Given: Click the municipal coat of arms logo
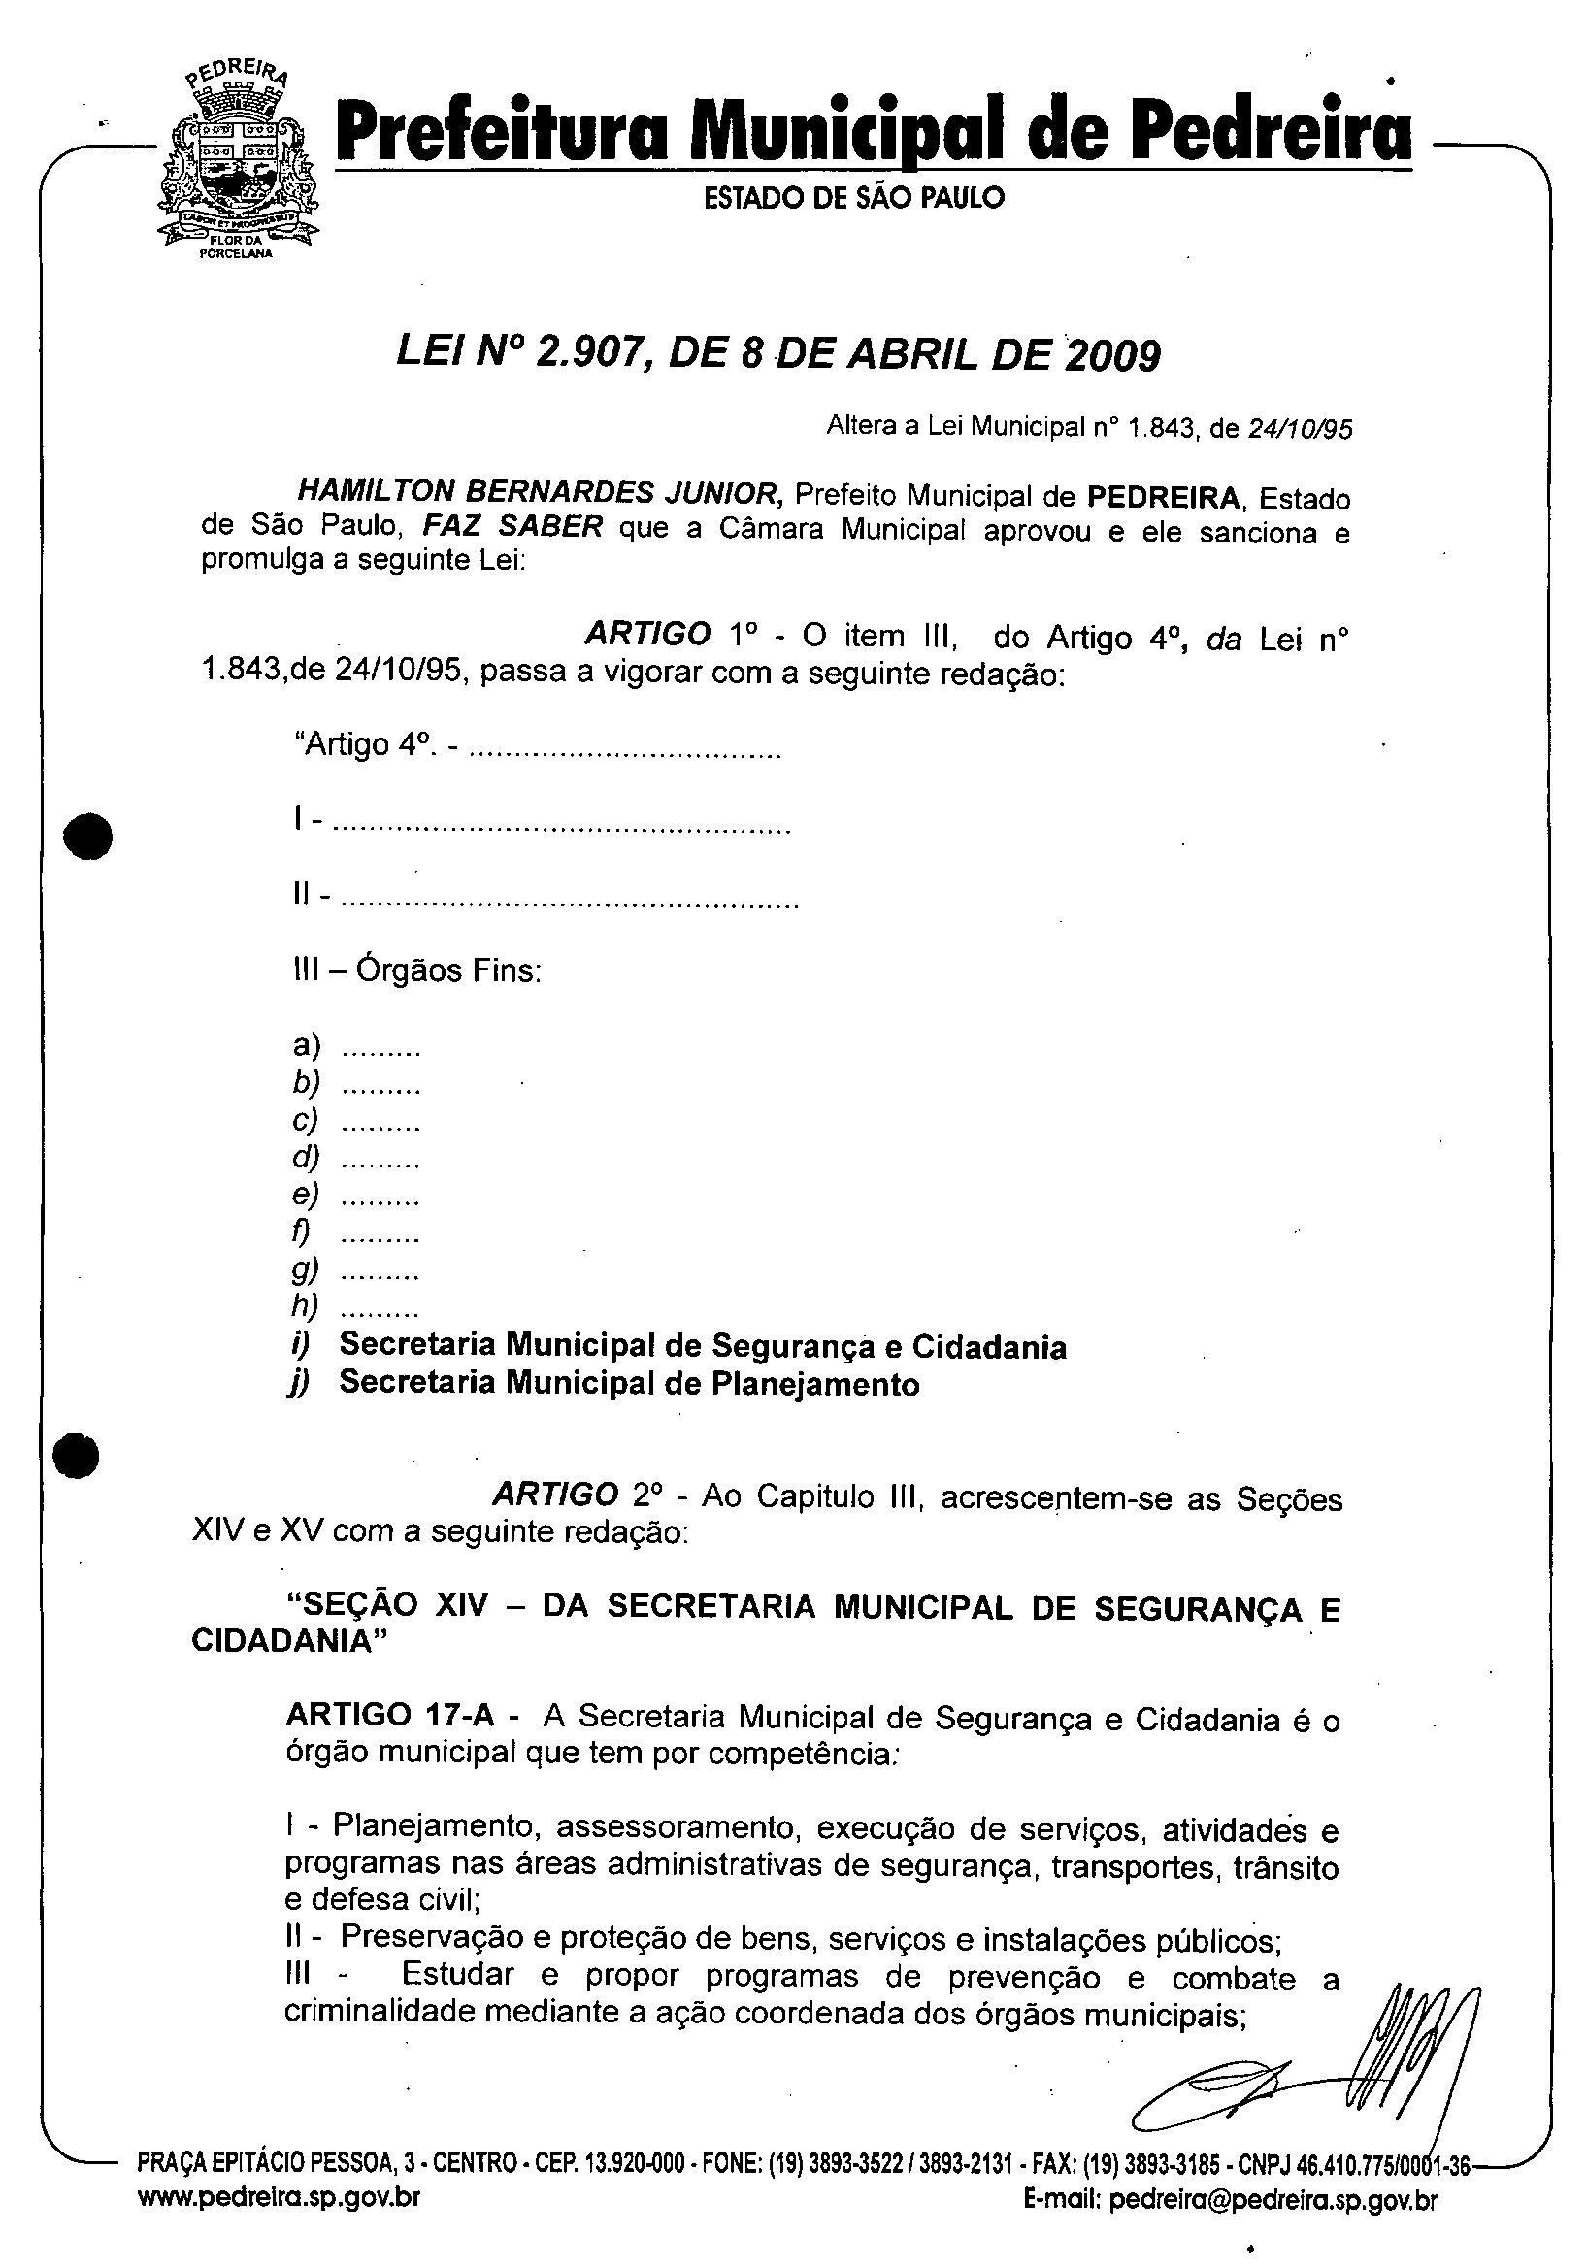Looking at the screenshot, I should [x=237, y=163].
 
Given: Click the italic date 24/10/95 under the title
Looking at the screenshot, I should [x=1300, y=429].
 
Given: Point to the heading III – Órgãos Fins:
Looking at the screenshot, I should [x=417, y=970].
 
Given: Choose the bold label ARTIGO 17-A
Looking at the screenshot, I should [x=389, y=1714].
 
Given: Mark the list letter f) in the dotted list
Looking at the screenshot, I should [x=300, y=1232].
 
